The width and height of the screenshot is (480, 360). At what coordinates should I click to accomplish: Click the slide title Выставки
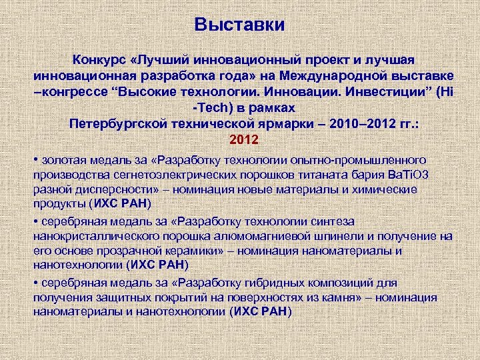coord(240,25)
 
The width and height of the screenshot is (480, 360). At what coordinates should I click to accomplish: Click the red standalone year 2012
coord(241,141)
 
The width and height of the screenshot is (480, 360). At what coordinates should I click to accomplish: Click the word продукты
coord(59,204)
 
